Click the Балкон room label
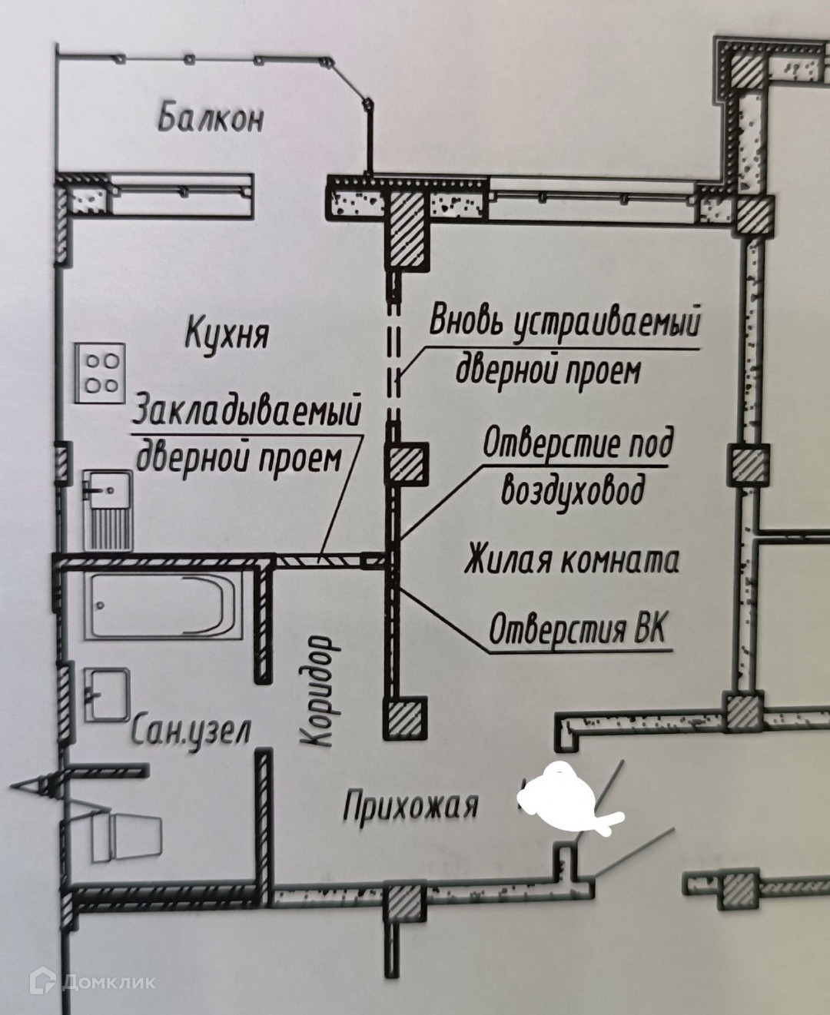[x=211, y=118]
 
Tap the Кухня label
[x=227, y=334]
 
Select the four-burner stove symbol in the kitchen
[x=101, y=373]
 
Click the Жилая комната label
[x=572, y=560]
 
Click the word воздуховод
[x=573, y=489]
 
